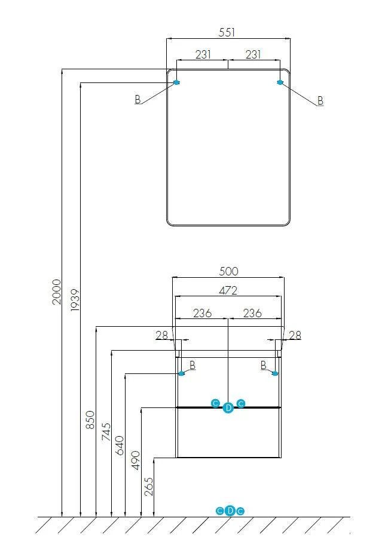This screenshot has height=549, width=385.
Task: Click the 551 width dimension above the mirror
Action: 227,33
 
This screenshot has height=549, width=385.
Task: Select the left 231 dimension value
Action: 203,54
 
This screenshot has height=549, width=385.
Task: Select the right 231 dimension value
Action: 253,54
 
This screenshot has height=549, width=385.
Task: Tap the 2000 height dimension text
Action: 57,291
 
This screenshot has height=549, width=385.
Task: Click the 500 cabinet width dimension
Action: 228,271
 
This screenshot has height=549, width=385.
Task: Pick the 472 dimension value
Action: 228,290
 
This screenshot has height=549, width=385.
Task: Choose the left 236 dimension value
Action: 202,312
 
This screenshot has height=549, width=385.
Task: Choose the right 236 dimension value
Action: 252,312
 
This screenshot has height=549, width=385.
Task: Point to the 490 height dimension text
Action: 135,461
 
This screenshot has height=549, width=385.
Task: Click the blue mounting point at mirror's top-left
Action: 176,82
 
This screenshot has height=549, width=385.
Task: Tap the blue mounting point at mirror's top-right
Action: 280,82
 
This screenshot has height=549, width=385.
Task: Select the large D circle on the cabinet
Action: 228,407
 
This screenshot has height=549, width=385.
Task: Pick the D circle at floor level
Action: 230,511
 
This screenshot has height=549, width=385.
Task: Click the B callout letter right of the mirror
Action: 320,101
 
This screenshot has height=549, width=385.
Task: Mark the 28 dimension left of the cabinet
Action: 162,335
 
